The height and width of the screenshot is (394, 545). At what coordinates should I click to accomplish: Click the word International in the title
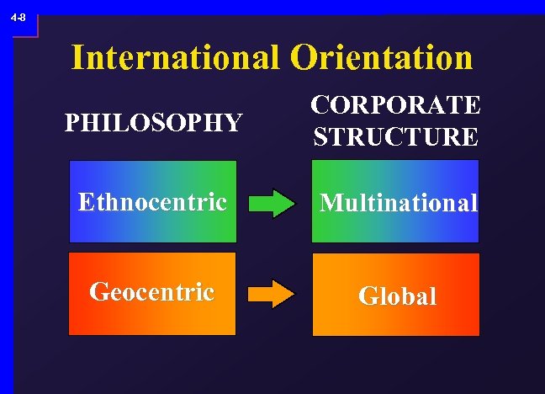coord(176,58)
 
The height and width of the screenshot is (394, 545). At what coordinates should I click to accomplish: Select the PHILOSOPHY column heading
coord(153,124)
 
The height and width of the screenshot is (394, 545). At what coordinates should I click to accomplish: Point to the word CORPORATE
coord(395,106)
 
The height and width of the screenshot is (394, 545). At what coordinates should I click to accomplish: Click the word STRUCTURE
coord(395,136)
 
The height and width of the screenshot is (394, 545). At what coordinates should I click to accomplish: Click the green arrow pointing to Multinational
coord(272,203)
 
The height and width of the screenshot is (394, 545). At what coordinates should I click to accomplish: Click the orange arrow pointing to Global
coord(272,294)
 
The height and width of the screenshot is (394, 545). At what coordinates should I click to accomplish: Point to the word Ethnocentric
coord(152,203)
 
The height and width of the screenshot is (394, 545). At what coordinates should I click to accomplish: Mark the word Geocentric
coord(152,292)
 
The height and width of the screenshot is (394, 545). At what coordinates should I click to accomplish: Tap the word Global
coord(397,296)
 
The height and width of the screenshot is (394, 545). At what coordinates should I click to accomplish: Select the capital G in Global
coord(368,296)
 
